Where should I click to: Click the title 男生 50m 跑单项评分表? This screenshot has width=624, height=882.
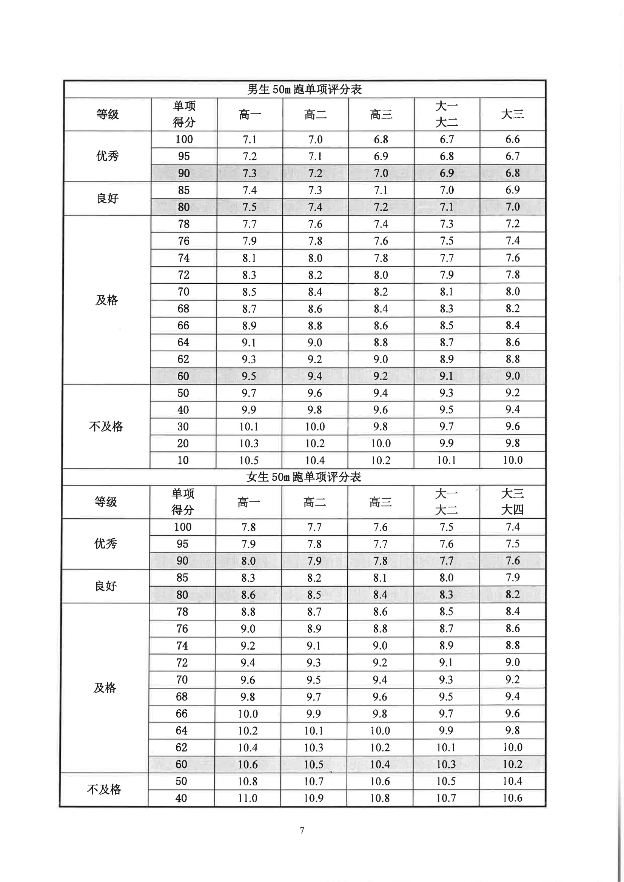[305, 89]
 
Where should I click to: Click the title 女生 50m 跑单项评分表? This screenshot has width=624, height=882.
[304, 477]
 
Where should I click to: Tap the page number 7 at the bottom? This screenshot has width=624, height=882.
[302, 830]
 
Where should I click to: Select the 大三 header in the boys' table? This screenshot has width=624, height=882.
[512, 114]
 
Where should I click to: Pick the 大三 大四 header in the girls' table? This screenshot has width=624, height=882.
[512, 502]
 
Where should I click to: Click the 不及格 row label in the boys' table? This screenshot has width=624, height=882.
[106, 426]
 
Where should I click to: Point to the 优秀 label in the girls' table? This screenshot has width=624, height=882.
[105, 544]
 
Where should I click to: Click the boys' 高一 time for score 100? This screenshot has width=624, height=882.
[250, 140]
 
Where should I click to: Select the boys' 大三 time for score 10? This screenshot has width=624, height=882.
[513, 460]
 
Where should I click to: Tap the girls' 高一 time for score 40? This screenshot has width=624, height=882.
[248, 798]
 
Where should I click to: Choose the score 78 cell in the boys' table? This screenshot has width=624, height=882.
[184, 224]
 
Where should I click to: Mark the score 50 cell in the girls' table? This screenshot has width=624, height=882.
[182, 781]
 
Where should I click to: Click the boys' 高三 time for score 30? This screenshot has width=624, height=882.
[381, 426]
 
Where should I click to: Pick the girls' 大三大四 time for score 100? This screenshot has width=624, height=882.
[513, 527]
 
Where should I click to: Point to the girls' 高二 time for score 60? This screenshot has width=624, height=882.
[314, 764]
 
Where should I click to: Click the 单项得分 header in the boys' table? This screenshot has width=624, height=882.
[184, 114]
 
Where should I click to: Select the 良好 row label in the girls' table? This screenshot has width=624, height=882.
[105, 586]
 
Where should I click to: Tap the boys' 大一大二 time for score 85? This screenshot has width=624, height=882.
[447, 190]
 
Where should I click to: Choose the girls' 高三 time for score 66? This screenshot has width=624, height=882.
[380, 713]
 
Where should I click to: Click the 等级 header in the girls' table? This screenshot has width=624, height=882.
[105, 502]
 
